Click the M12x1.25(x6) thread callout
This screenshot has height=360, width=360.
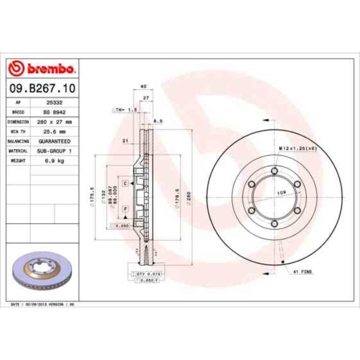(x=298, y=149)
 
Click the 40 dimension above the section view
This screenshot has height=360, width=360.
(x=143, y=86)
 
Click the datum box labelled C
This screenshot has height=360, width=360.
(x=126, y=183)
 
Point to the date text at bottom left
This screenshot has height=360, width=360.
(x=43, y=304)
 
